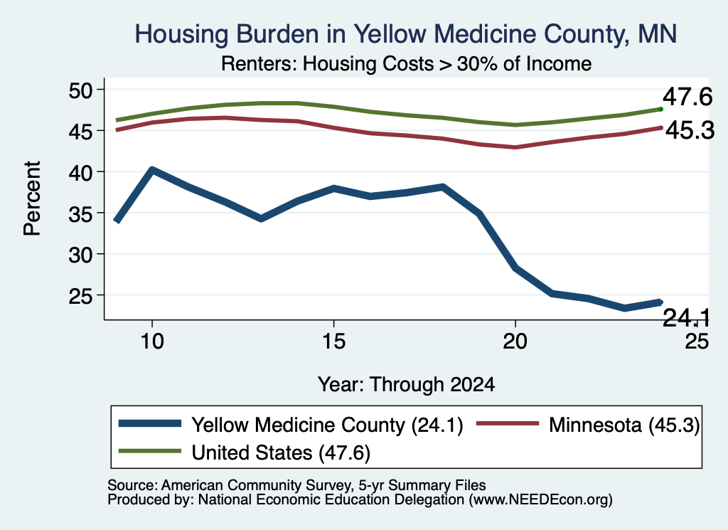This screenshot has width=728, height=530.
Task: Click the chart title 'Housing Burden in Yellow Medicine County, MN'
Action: (405, 34)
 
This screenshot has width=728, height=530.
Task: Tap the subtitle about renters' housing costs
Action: (406, 63)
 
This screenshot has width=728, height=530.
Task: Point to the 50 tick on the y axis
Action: (81, 90)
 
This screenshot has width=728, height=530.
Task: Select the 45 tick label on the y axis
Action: (81, 132)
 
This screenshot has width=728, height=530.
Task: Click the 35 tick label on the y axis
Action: (81, 213)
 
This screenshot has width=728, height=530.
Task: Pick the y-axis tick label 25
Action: (81, 296)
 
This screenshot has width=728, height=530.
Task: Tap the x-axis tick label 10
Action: (152, 341)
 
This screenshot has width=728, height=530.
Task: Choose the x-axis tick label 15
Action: (333, 341)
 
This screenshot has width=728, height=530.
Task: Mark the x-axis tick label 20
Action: (515, 341)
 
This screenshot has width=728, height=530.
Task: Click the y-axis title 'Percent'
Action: (32, 198)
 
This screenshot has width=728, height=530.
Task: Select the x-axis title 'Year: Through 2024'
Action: (406, 385)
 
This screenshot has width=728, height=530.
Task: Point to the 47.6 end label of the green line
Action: (687, 97)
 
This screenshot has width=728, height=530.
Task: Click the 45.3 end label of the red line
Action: (690, 130)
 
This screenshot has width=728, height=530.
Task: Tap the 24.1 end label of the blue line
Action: (686, 318)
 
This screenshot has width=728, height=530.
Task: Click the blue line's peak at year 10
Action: (152, 170)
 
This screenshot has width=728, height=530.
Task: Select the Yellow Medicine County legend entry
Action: (291, 425)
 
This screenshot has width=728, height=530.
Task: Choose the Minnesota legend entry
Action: (588, 425)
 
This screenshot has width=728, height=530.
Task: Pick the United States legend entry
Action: (245, 452)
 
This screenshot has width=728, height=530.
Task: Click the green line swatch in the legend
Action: (149, 451)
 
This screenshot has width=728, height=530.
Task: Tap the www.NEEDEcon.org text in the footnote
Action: (540, 500)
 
